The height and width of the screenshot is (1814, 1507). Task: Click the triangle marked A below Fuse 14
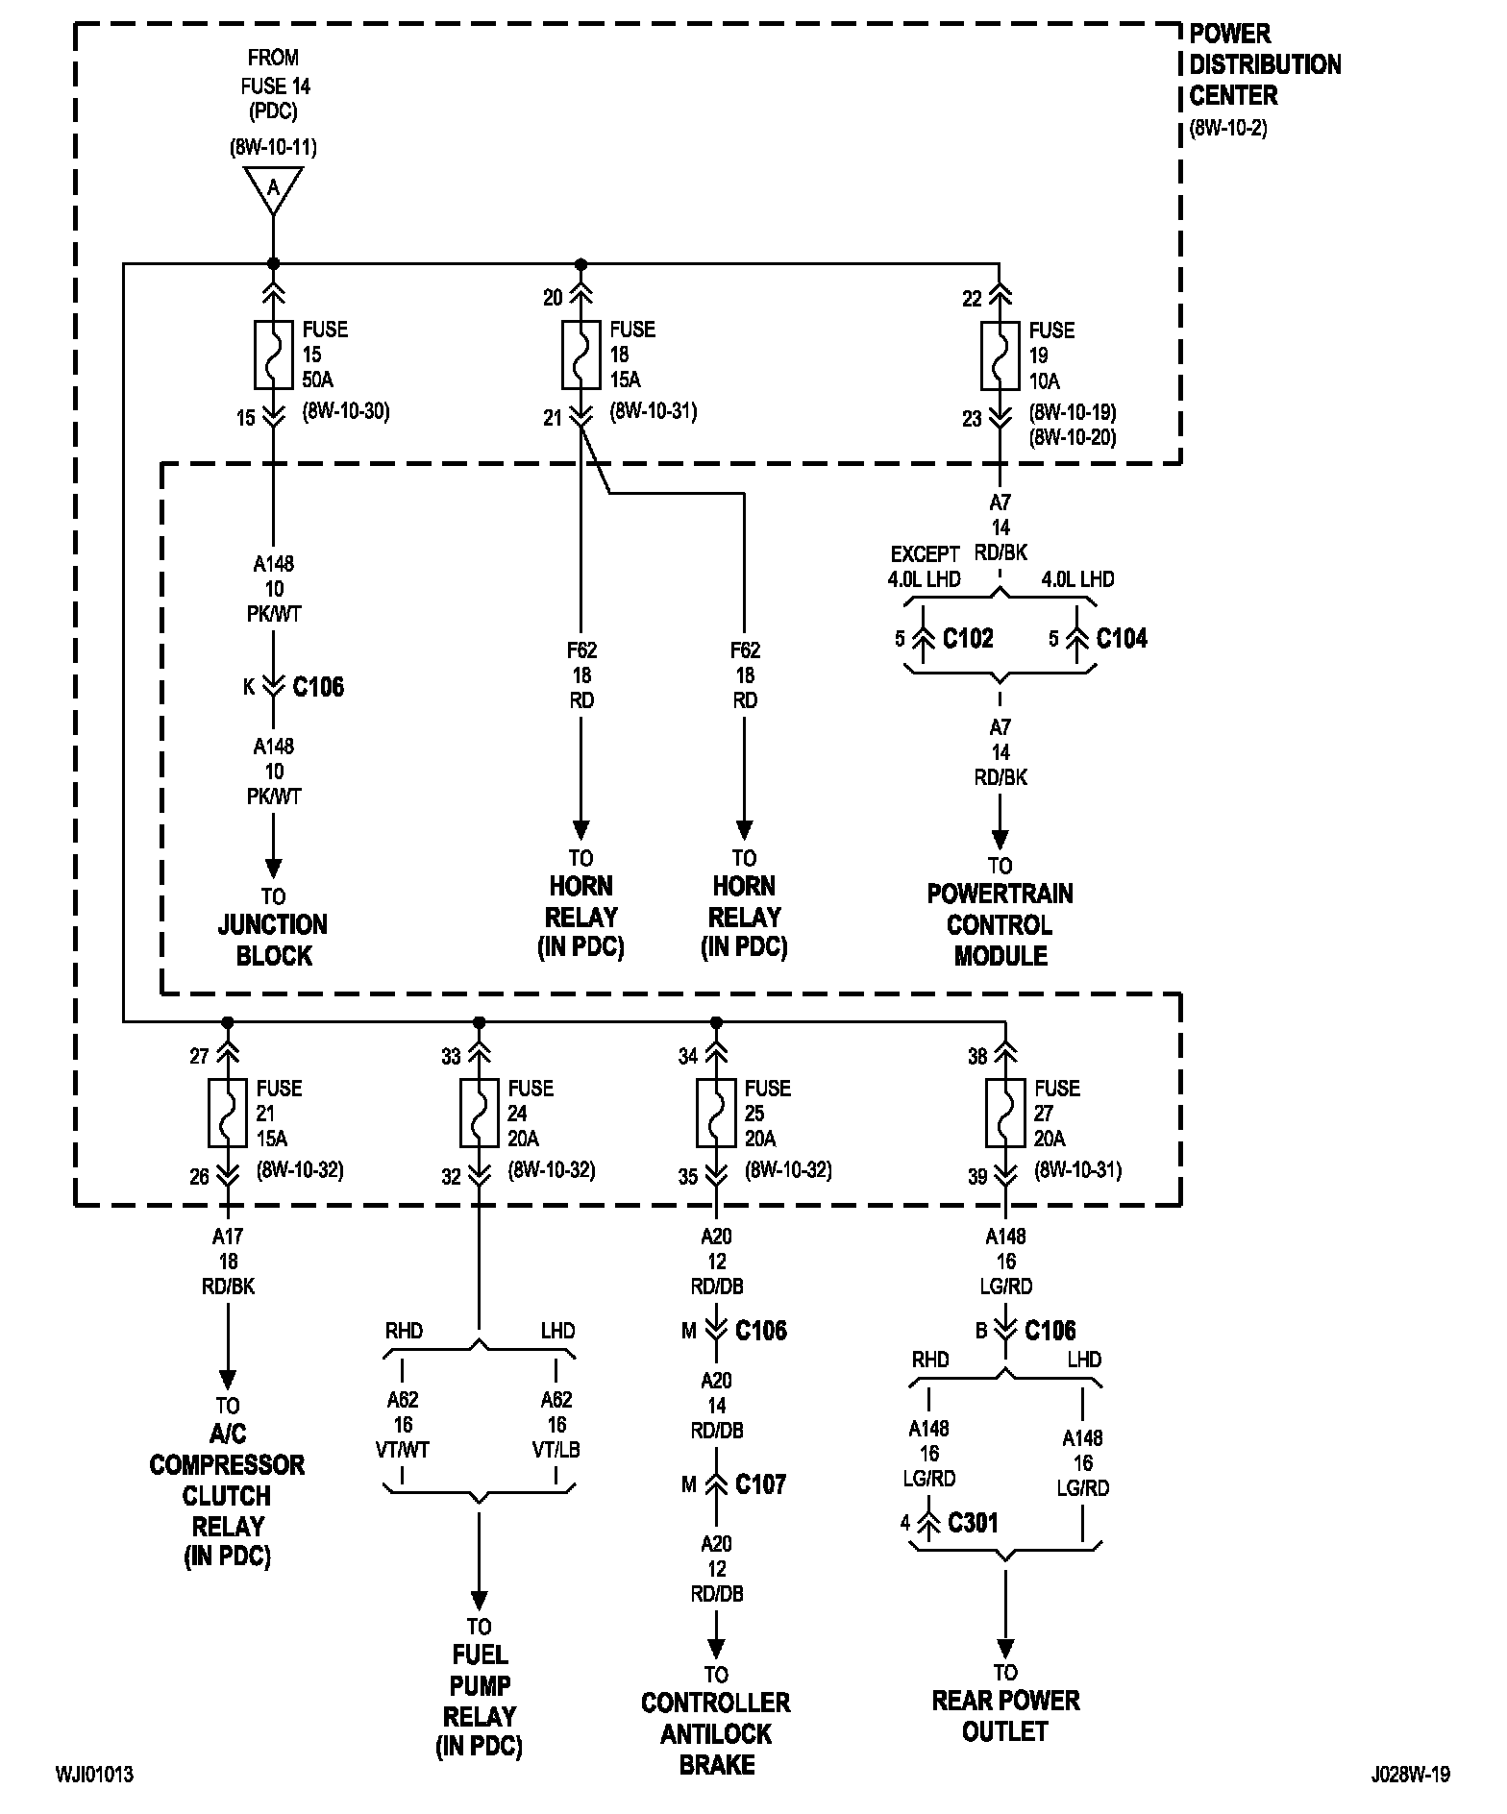[x=273, y=189]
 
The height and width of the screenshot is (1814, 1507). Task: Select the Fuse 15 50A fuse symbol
[x=273, y=354]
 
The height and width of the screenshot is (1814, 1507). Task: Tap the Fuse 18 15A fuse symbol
[x=581, y=354]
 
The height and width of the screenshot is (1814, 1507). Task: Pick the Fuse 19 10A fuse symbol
[x=1000, y=355]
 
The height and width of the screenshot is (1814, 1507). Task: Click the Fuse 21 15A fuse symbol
[x=227, y=1113]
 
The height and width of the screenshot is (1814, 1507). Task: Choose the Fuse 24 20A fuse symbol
[x=479, y=1113]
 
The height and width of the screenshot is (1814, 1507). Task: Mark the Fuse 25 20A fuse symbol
[x=716, y=1113]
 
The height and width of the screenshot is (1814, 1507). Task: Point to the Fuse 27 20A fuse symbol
[x=1005, y=1113]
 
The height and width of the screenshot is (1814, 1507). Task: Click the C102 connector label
[x=968, y=639]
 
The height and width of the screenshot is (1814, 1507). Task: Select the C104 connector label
[x=1122, y=639]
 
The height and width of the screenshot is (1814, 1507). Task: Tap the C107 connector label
[x=761, y=1484]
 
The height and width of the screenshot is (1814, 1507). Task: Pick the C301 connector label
[x=973, y=1523]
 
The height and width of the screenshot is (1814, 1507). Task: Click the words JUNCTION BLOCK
[x=274, y=940]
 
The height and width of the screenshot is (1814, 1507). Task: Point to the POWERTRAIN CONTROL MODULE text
[x=1001, y=924]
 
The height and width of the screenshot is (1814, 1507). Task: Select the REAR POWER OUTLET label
[x=1005, y=1715]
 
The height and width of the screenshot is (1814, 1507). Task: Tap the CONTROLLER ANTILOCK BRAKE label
[x=716, y=1733]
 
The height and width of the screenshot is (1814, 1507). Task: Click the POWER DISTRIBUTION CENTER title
[x=1265, y=64]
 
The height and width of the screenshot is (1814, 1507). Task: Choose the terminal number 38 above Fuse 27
[x=977, y=1057]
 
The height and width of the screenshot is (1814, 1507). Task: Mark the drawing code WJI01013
[x=94, y=1774]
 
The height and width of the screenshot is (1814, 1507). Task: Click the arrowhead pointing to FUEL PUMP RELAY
[x=479, y=1600]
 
